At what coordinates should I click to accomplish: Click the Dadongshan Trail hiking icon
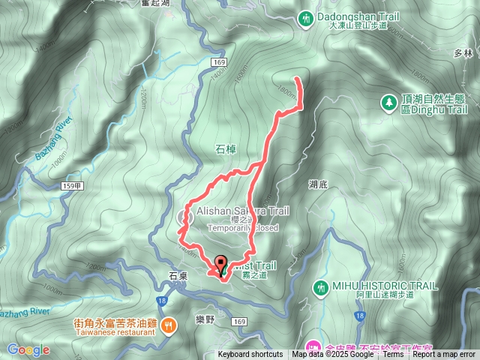click(x=306, y=16)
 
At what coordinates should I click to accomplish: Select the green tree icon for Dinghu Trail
click(x=389, y=102)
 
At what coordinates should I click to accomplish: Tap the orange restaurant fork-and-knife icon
click(x=169, y=325)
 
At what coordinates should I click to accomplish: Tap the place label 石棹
click(x=226, y=150)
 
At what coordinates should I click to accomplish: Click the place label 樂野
click(x=204, y=319)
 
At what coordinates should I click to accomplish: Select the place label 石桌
click(x=178, y=276)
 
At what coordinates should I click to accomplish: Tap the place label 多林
click(x=462, y=54)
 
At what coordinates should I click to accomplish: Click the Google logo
click(x=28, y=349)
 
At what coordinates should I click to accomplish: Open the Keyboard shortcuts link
click(x=250, y=355)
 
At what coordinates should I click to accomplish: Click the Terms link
click(x=393, y=355)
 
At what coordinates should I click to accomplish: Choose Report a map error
click(x=444, y=355)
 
